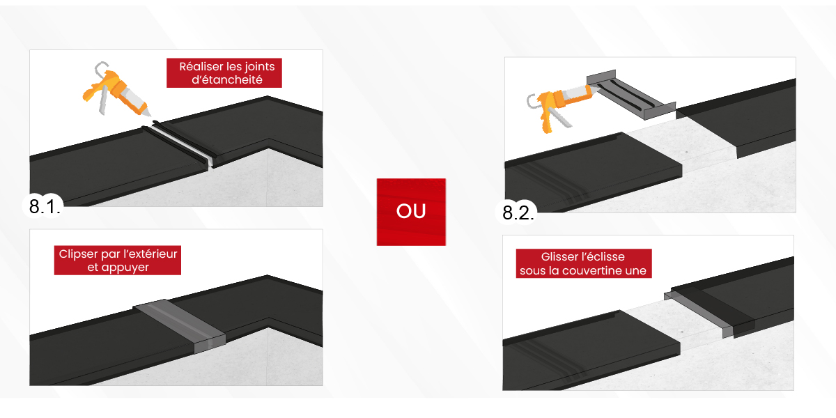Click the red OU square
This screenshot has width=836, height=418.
click(411, 212)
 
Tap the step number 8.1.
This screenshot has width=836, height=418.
click(45, 206)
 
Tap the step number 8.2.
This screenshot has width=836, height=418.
click(518, 212)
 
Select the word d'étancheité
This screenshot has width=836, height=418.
click(227, 79)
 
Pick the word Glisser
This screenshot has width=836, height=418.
click(559, 257)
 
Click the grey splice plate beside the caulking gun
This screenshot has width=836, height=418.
click(631, 95)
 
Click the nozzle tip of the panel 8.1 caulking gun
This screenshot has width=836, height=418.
click(150, 115)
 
